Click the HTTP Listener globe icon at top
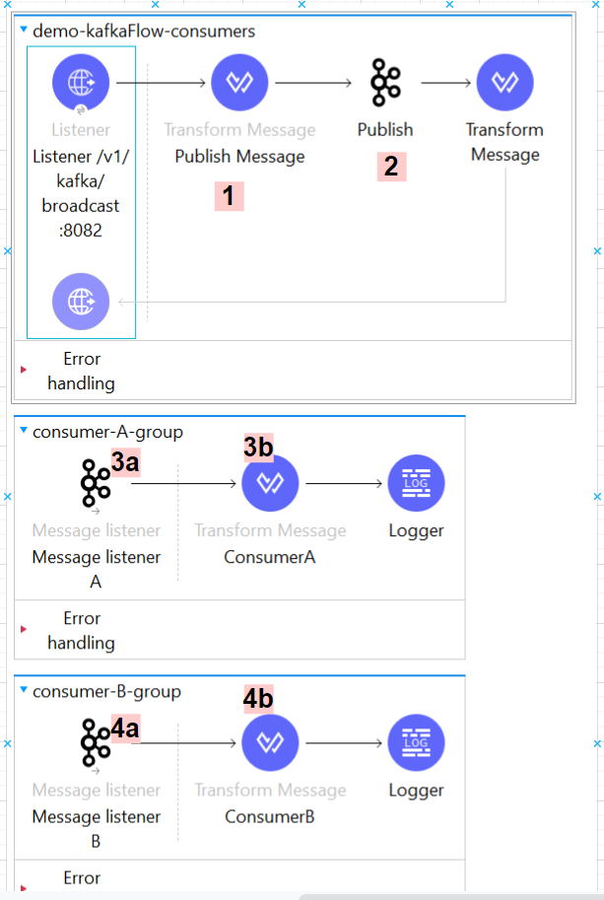81,83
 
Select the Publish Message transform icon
239,83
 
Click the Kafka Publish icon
385,83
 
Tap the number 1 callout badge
229,196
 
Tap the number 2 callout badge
391,166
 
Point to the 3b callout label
259,447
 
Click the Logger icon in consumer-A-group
417,483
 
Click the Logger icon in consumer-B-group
417,742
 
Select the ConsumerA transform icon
270,483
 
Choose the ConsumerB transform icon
270,742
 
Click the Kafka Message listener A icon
96,483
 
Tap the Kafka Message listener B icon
96,742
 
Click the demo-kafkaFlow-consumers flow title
144,32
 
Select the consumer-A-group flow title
107,432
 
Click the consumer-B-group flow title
106,691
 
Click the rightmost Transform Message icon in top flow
504,83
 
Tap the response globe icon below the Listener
81,301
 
